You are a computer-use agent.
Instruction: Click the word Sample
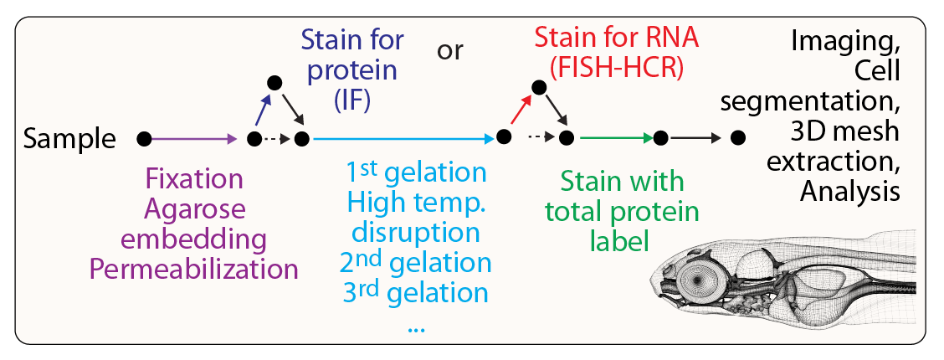[69, 139]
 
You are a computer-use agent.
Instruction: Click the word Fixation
[194, 179]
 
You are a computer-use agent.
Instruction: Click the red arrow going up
[521, 110]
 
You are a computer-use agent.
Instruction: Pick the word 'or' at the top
[450, 52]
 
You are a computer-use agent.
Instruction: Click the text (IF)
[352, 102]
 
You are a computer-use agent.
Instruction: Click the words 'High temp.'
[416, 203]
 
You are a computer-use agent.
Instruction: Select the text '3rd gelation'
[415, 293]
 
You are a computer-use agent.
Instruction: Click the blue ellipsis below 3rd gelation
[416, 327]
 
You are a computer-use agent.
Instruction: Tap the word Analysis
[850, 192]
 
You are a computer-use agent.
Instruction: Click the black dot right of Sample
[144, 138]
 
